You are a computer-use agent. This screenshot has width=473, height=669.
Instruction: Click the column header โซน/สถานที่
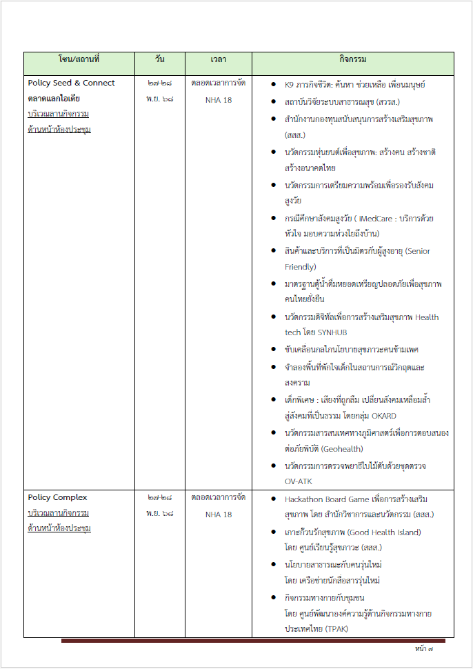click(x=79, y=60)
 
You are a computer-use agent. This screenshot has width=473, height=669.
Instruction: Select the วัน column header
click(x=159, y=60)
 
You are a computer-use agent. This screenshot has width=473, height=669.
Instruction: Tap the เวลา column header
click(x=219, y=60)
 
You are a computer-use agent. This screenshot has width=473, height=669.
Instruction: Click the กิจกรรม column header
click(x=353, y=60)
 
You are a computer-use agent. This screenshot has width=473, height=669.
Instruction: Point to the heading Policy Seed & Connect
click(x=72, y=83)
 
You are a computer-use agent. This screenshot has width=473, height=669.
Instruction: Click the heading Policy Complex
click(x=57, y=497)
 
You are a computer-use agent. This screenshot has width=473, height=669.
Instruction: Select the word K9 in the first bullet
click(x=290, y=85)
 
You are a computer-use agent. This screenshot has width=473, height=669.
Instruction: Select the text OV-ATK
click(x=298, y=481)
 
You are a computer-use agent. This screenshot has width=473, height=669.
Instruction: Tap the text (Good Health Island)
click(x=387, y=532)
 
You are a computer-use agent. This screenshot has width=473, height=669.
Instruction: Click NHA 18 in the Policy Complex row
click(x=219, y=515)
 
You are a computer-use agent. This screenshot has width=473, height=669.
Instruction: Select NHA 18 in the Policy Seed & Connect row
click(x=219, y=100)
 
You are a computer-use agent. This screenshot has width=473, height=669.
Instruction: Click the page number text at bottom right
click(x=424, y=650)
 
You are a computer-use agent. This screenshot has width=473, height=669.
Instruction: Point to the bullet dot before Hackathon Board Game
click(x=274, y=499)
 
